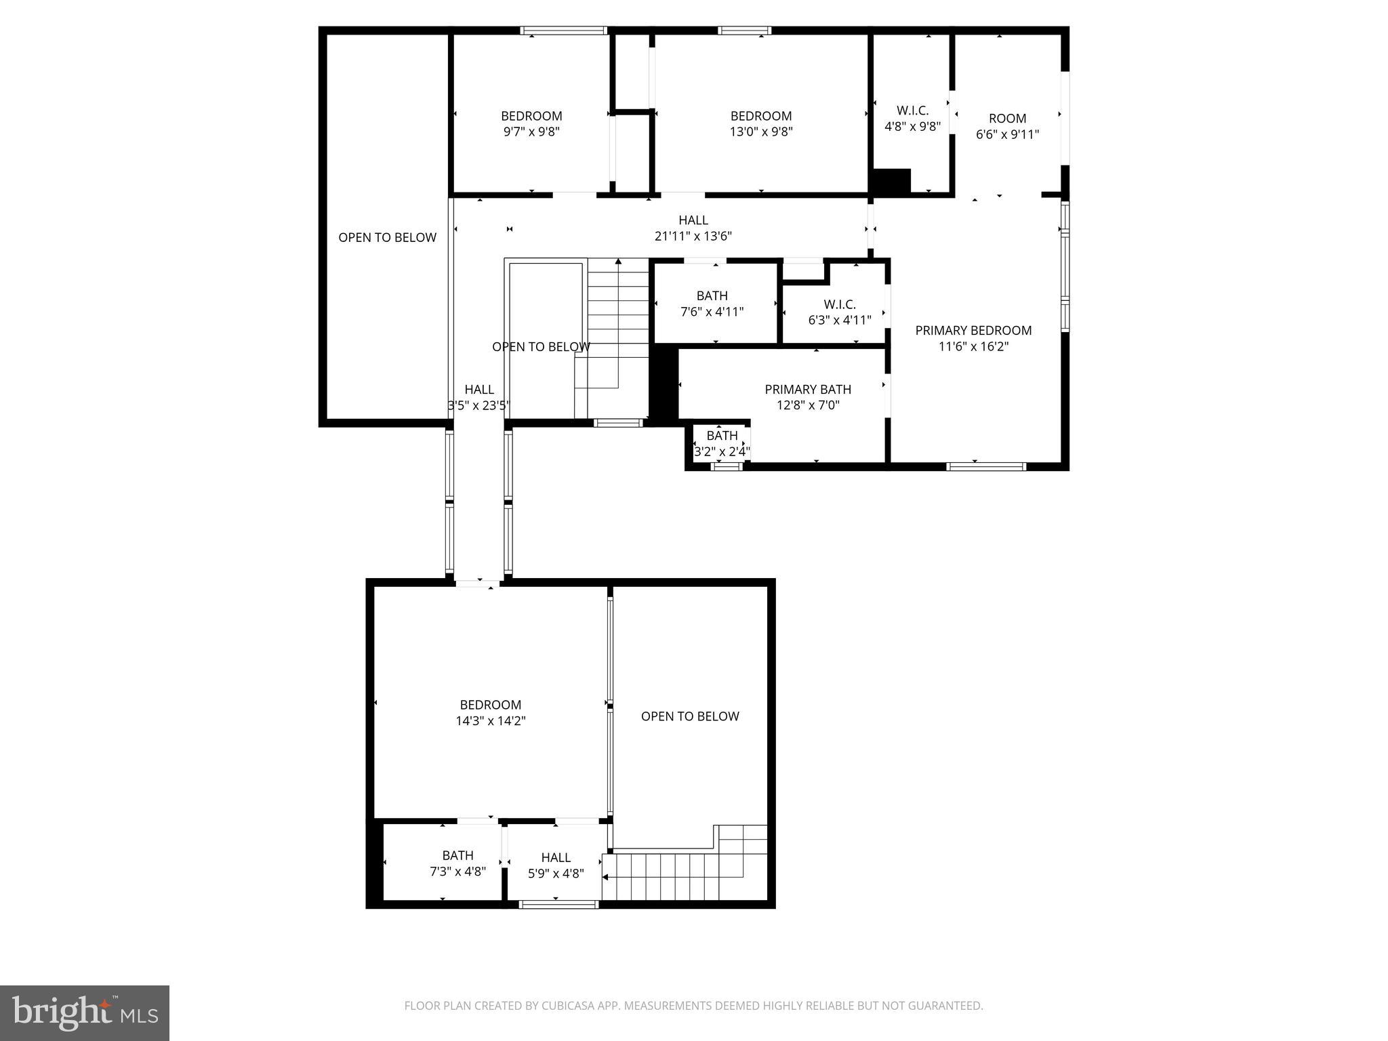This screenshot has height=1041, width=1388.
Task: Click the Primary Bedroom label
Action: [973, 331]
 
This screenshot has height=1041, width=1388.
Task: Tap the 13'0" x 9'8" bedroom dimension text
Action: [760, 132]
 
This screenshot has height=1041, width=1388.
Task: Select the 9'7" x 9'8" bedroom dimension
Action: [531, 132]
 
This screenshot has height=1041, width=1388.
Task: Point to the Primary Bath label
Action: [808, 390]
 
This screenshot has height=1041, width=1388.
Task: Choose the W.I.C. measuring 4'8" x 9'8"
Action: [912, 119]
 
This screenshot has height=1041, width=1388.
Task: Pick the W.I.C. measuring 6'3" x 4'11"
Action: [840, 312]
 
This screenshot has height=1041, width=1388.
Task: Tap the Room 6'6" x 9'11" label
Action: [1007, 126]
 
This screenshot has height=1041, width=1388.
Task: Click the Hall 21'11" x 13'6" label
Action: [693, 228]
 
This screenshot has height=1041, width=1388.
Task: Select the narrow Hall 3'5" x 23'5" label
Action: [478, 398]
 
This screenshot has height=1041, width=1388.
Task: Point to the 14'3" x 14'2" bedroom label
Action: [491, 713]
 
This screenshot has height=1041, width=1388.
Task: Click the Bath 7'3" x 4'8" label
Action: [457, 863]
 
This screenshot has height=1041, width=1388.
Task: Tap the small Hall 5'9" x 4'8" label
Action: [556, 865]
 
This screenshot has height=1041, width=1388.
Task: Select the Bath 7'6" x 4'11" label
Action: [712, 304]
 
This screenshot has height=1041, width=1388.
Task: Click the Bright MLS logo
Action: [84, 1013]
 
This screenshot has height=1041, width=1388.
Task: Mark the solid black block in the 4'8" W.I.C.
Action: [891, 181]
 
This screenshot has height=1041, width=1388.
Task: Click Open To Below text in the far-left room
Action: [387, 238]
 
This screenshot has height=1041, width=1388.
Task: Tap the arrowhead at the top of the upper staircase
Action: [618, 262]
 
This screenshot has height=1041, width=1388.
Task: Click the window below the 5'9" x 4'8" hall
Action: [558, 904]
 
